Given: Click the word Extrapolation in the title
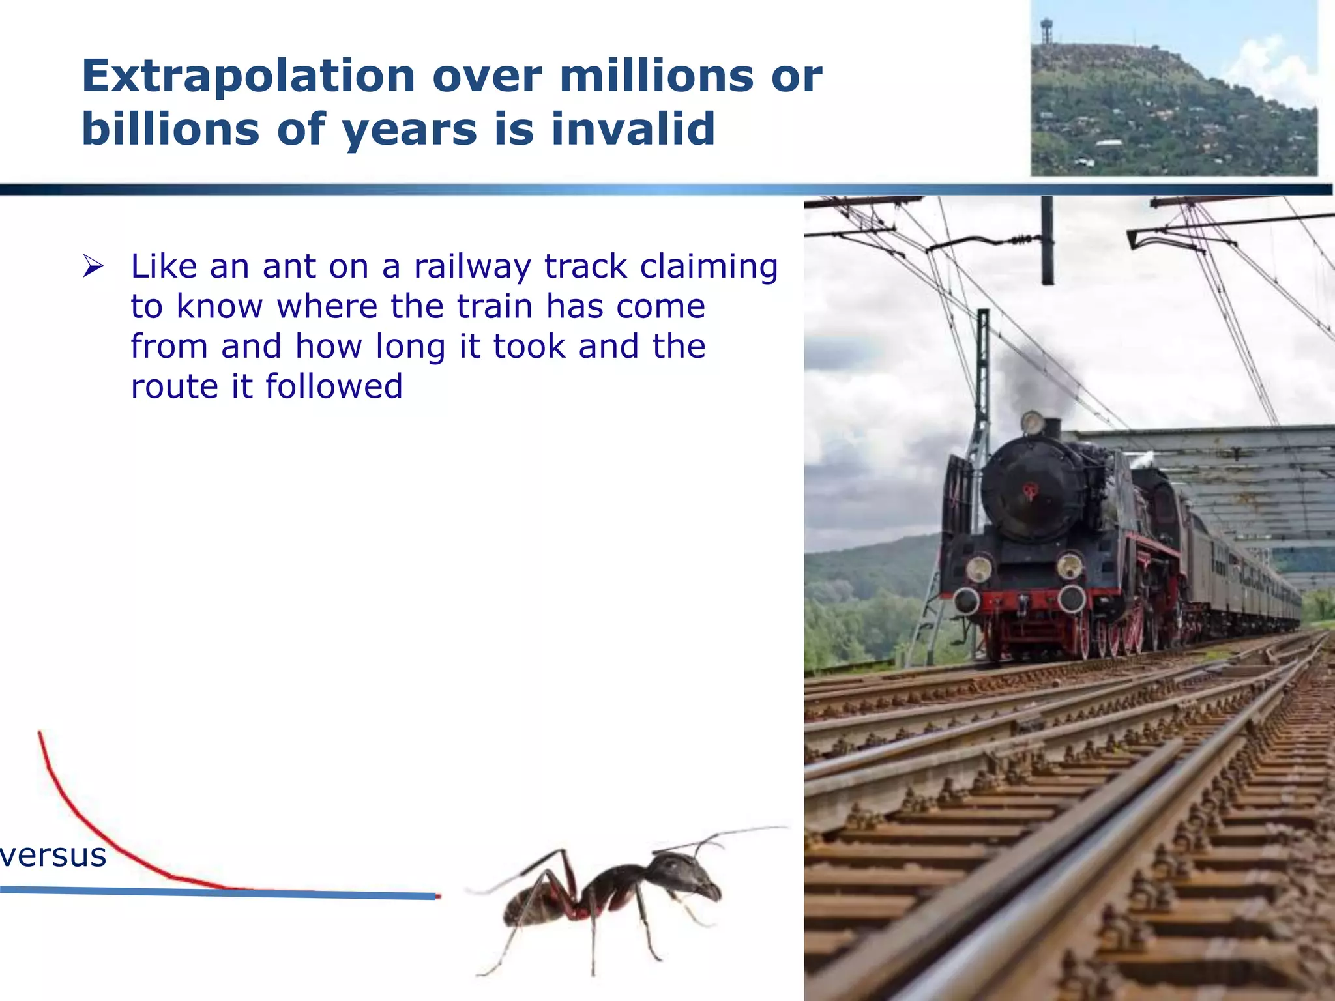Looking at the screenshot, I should tap(248, 77).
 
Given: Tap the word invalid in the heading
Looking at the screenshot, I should tap(633, 129).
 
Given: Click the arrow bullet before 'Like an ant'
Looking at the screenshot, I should tap(93, 267).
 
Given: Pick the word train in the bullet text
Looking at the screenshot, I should tap(495, 306).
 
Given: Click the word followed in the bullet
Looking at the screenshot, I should tap(334, 386).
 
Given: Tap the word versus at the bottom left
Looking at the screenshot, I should tap(53, 855).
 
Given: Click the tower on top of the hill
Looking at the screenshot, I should tap(1047, 29).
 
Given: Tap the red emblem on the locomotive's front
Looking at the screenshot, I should tap(1030, 491).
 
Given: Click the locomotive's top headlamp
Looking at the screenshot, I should tap(1033, 423).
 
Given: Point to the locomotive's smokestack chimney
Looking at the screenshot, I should tap(1052, 427).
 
